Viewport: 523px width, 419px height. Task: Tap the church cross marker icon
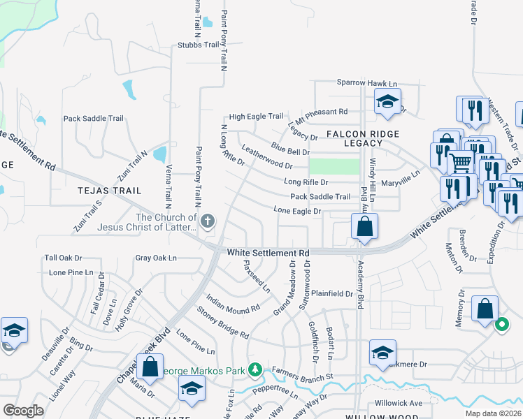[x=207, y=222]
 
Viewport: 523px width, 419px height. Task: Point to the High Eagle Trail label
[x=256, y=117]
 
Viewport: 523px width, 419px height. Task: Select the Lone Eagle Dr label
[x=297, y=210]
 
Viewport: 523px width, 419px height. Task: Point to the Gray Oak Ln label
[x=156, y=258]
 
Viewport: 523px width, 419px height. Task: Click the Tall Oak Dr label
[x=64, y=258]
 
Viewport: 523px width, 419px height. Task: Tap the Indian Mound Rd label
[x=234, y=299]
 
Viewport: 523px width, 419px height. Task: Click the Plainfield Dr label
[x=332, y=294]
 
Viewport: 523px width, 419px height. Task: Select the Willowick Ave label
[x=399, y=403]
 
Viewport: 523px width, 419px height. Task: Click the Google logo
[x=23, y=411]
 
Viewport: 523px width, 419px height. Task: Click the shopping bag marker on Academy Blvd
[x=364, y=227]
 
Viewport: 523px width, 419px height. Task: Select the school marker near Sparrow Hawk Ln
[x=387, y=103]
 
